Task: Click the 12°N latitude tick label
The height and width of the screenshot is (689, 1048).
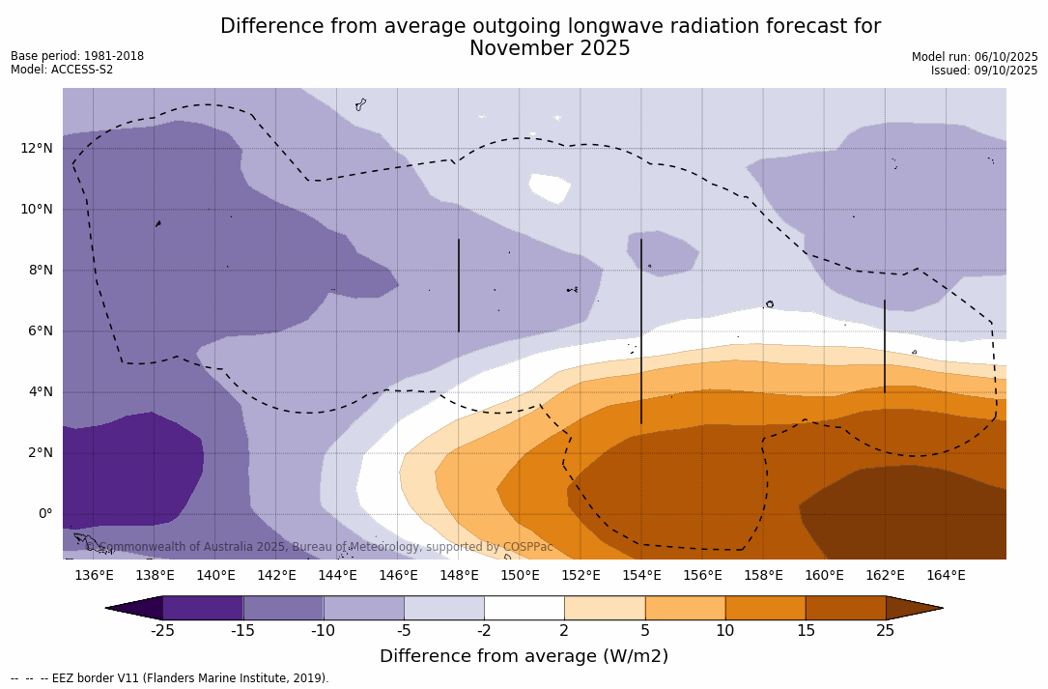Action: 37,148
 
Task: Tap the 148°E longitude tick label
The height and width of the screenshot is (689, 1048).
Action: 459,576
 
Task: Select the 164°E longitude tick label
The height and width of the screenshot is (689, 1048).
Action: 946,576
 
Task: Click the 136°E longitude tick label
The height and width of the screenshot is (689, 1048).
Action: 94,576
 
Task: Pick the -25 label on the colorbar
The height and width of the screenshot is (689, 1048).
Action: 162,631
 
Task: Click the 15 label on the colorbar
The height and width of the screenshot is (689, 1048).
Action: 805,631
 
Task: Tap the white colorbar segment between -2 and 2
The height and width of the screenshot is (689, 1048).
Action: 524,608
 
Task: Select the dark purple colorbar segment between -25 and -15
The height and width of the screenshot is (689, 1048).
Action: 203,608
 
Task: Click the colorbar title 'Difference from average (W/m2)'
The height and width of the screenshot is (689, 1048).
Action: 524,656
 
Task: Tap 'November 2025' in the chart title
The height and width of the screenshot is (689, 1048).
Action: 550,48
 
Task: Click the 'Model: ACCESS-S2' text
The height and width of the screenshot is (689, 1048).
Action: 62,70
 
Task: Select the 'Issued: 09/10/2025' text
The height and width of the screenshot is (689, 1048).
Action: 983,71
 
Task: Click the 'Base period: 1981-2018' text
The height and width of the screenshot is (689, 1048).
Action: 77,56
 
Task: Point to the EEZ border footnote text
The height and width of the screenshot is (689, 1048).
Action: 170,678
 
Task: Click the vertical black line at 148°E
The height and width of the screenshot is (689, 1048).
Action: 458,285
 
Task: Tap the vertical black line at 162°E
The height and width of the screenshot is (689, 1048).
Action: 884,346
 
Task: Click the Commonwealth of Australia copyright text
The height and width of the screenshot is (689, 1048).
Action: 320,547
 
